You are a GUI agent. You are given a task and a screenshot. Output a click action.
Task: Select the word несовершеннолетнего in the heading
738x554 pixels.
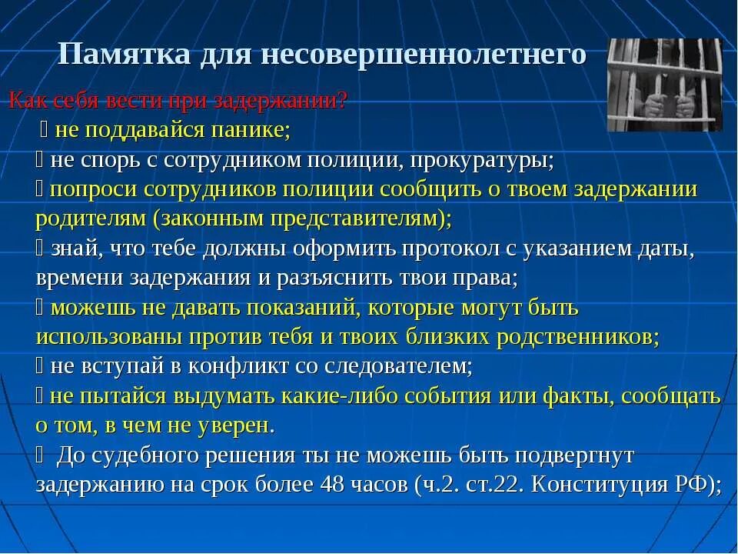pyautogui.click(x=425, y=55)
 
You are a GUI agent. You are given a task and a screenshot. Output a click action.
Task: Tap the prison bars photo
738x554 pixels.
pyautogui.click(x=665, y=85)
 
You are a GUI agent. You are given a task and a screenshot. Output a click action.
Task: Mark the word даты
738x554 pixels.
pyautogui.click(x=667, y=249)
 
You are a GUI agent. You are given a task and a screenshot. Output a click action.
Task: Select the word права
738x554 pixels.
pyautogui.click(x=489, y=278)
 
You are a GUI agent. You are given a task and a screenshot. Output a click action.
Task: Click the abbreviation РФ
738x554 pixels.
pyautogui.click(x=698, y=486)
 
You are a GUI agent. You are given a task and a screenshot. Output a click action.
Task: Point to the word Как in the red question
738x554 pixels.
pyautogui.click(x=26, y=100)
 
